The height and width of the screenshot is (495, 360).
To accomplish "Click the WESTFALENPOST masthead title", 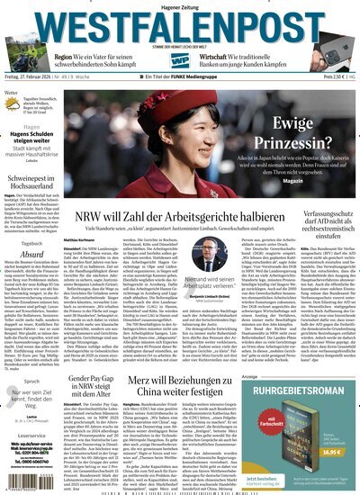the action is tap(179, 22).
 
